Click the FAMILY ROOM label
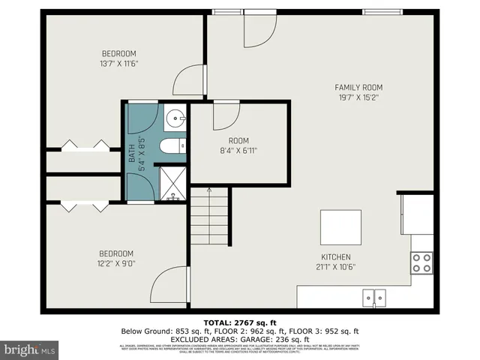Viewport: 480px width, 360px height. (x=358, y=88)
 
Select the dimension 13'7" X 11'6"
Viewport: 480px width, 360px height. (x=119, y=63)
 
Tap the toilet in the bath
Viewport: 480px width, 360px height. (x=174, y=146)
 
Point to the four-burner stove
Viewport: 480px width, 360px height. (x=422, y=262)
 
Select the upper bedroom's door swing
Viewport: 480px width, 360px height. (x=187, y=81)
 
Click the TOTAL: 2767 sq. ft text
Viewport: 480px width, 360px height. (x=239, y=322)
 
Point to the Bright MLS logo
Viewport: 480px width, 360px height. (x=29, y=349)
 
